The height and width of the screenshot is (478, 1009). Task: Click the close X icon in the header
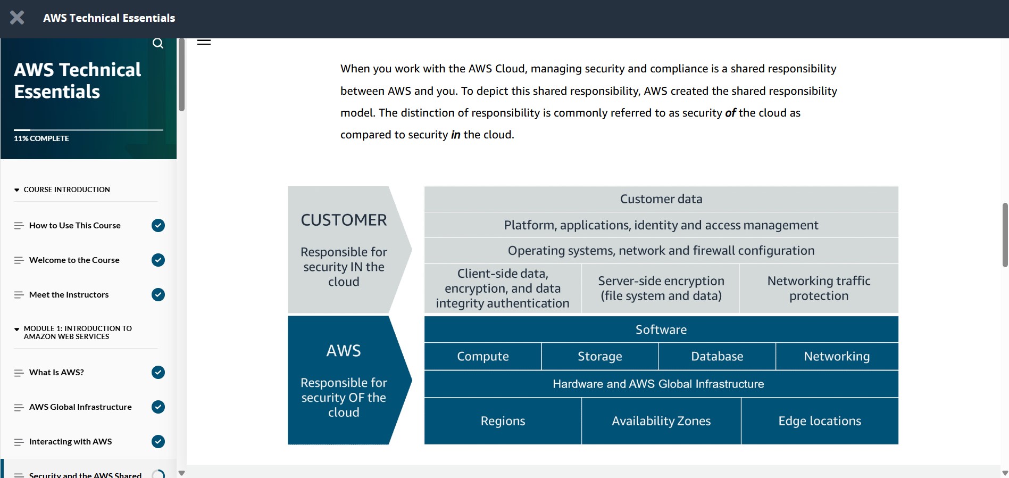[x=17, y=18]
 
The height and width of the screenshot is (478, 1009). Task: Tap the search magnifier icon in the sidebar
[x=158, y=43]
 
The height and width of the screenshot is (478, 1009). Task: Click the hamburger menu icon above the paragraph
[x=204, y=42]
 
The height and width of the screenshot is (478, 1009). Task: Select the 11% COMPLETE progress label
[x=41, y=138]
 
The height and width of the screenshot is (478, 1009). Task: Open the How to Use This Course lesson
[x=75, y=226]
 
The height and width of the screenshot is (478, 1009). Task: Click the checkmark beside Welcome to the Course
[x=158, y=260]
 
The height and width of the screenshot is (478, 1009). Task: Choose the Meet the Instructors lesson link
[x=69, y=295]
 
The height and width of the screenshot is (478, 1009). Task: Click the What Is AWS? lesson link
[x=56, y=373]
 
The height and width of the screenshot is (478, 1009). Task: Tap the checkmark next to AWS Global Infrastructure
[x=158, y=407]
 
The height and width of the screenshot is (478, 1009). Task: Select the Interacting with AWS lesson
[x=70, y=442]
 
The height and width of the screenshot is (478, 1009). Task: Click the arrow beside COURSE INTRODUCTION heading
[x=17, y=190]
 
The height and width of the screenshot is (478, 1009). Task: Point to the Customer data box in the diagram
[x=661, y=199]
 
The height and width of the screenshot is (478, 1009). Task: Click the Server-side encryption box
[x=661, y=289]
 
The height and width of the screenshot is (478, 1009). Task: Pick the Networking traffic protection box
[x=819, y=289]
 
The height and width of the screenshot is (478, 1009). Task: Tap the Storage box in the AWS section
[x=600, y=357]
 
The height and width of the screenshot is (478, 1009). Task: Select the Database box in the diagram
[x=717, y=357]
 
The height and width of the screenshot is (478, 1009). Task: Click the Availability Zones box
[x=661, y=421]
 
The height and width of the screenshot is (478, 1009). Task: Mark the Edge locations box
[x=820, y=421]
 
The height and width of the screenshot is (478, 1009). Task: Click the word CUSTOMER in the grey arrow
[x=344, y=220]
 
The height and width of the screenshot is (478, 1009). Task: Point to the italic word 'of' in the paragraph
[x=730, y=113]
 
